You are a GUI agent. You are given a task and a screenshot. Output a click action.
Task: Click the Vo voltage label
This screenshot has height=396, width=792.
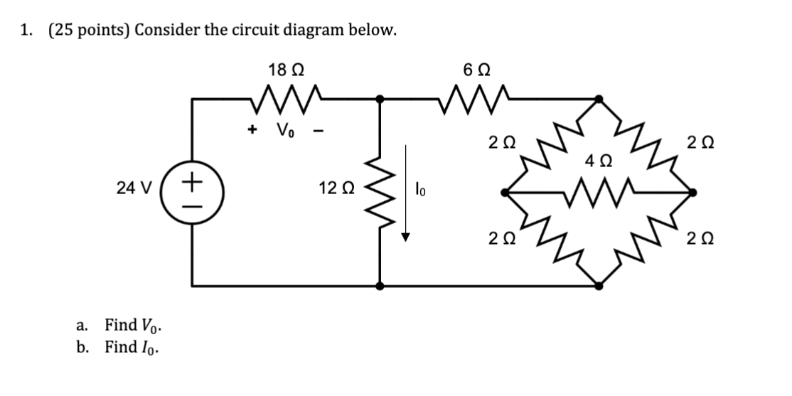pos(285,131)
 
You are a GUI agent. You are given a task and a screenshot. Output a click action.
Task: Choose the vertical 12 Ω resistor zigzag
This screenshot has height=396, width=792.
pos(381,192)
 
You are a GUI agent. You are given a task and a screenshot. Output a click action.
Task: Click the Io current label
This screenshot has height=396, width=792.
pos(421,190)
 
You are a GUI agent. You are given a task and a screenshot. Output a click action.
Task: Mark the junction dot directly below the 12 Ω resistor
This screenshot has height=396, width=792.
pos(381,286)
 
